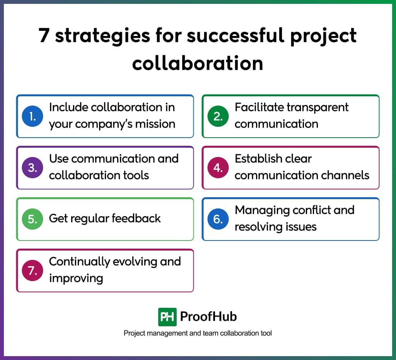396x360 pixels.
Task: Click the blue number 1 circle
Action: coord(32,116)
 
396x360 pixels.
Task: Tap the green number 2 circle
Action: coord(218,116)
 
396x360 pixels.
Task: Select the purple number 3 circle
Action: coord(32,168)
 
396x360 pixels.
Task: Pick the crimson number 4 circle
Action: coord(218,168)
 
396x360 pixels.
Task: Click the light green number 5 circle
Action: coord(32,219)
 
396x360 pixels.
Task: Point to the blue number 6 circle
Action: coord(218,219)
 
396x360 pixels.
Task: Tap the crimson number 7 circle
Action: coord(32,270)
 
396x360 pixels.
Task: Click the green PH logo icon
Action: coord(167,317)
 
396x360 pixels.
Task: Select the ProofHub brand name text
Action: coord(208,317)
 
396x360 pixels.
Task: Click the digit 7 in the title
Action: coord(44,35)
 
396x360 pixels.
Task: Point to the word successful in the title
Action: coord(236,35)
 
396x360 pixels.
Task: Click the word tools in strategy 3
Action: coord(136,175)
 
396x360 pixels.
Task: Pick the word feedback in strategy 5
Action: coord(136,218)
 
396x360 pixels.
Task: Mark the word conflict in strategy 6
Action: coord(311,210)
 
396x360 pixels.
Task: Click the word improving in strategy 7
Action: coord(76,278)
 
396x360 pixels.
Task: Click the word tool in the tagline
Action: coord(266,333)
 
